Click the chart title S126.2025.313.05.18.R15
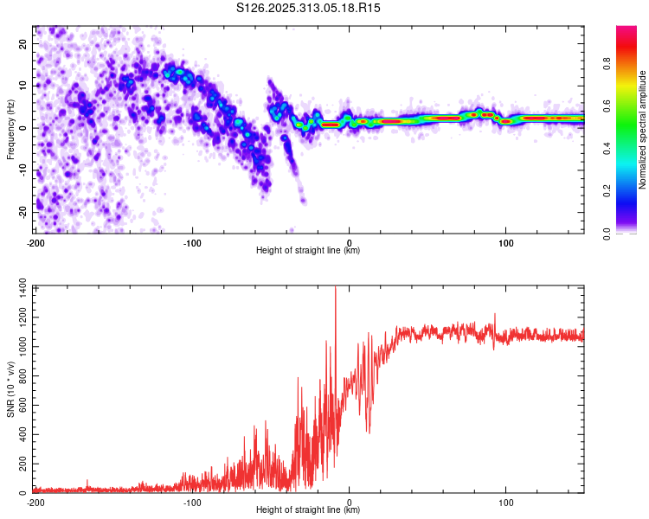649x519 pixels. click(309, 8)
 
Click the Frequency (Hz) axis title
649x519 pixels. click(10, 128)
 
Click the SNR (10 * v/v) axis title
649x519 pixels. click(10, 389)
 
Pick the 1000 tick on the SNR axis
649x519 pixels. click(18, 348)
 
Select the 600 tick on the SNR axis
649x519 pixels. click(21, 406)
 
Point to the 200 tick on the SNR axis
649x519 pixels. click(21, 465)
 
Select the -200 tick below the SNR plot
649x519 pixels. click(36, 502)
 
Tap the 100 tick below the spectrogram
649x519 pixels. click(506, 242)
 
